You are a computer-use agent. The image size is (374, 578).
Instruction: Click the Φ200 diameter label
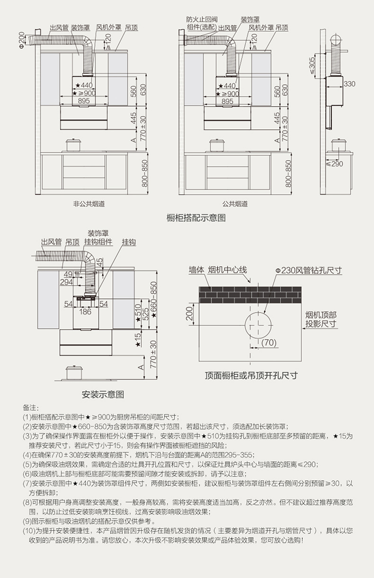21,39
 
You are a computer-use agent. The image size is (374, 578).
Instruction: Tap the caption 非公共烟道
89,204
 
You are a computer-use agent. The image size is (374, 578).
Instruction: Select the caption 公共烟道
235,204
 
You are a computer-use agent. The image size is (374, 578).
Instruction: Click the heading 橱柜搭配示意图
196,218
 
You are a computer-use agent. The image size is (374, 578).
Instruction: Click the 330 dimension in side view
349,84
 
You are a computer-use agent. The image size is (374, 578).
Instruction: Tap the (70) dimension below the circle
268,343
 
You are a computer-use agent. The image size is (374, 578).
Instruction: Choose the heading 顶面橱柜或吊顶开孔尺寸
251,376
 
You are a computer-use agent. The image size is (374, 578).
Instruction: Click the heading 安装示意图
103,394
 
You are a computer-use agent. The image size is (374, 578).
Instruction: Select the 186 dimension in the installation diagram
85,312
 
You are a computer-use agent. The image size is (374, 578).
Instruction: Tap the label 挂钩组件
98,242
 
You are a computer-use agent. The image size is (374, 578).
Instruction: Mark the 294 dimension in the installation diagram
66,282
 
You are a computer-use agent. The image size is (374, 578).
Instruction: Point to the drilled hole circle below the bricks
259,325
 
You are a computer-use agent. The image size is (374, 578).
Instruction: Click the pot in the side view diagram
339,144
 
